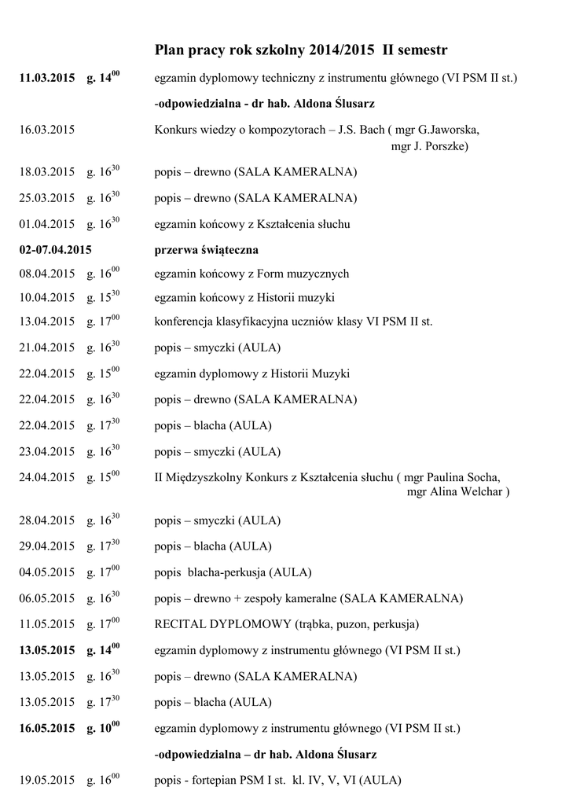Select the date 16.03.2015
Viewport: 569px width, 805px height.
point(47,130)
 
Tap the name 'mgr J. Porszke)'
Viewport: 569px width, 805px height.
point(430,146)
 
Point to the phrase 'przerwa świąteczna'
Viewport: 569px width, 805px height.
point(207,250)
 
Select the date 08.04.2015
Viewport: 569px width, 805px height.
point(47,274)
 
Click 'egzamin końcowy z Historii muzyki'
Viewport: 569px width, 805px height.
point(244,298)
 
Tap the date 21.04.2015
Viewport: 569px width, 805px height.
point(47,347)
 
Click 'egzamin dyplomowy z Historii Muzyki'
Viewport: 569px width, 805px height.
point(251,373)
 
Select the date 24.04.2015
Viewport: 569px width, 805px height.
point(47,477)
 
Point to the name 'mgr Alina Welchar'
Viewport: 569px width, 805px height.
point(456,493)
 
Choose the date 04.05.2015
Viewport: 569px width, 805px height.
point(47,572)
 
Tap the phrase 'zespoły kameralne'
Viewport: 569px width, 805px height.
point(291,598)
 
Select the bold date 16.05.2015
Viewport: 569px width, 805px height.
point(47,729)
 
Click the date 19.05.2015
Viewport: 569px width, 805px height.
point(47,781)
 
